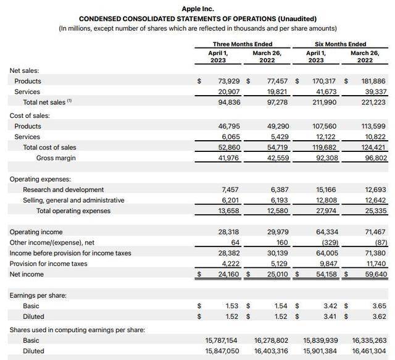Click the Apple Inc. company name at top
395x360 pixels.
coord(197,9)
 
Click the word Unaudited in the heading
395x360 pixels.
coord(297,19)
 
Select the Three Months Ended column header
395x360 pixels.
coord(242,44)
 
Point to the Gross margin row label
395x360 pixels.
coord(56,158)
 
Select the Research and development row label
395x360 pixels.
coord(64,190)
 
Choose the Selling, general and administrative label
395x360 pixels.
coord(73,200)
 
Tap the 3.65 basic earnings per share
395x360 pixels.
coord(379,306)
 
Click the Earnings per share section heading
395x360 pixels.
coord(38,295)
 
